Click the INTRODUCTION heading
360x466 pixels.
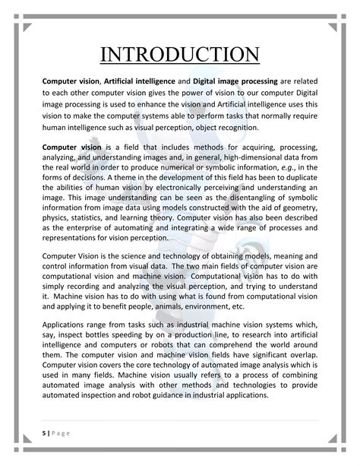(180, 55)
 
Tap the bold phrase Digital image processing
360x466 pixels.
(238, 81)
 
